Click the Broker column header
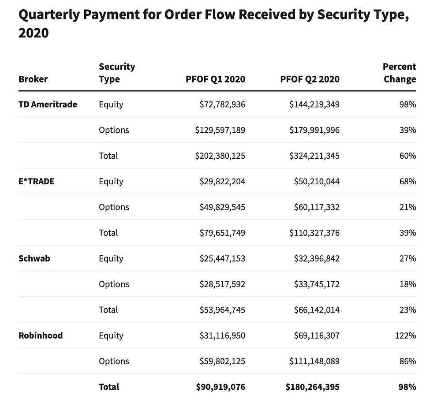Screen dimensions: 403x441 [x=33, y=79]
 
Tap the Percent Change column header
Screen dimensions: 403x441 [x=399, y=73]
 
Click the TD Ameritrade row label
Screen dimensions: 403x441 [x=48, y=104]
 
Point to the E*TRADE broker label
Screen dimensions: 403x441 [x=36, y=181]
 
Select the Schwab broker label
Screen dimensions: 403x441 [x=34, y=258]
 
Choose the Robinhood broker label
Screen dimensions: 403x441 [x=41, y=336]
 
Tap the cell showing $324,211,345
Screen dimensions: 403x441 [x=314, y=156]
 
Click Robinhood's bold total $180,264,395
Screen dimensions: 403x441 [x=313, y=387]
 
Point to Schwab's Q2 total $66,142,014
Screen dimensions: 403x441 [x=317, y=310]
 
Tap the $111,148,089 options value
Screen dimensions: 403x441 [x=314, y=361]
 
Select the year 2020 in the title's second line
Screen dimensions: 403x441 [x=33, y=33]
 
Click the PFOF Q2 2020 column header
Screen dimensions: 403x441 [x=310, y=79]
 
